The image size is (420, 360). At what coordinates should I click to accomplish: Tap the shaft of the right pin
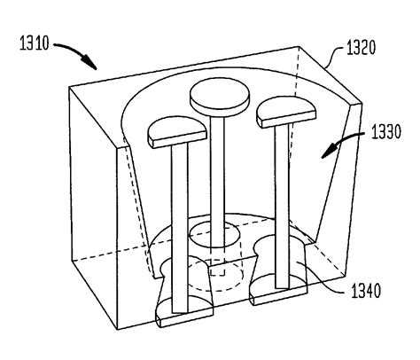(x=282, y=204)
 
